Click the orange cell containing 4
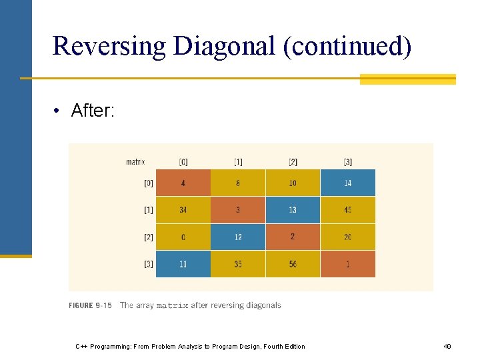pos(183,183)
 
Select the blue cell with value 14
pos(347,183)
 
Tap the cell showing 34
pos(183,210)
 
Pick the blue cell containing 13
pos(293,210)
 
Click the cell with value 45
pos(347,210)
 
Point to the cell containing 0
pos(183,237)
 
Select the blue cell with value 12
pos(238,237)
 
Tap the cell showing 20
pos(347,237)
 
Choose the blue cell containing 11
pos(183,264)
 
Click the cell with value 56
pos(293,264)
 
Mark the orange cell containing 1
pos(347,264)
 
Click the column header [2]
pos(293,161)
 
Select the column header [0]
pos(183,161)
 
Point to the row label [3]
pos(148,264)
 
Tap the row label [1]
pos(148,210)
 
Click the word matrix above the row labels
pos(135,161)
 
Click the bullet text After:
pos(93,111)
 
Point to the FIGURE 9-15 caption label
pos(90,305)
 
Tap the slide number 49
pos(447,346)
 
